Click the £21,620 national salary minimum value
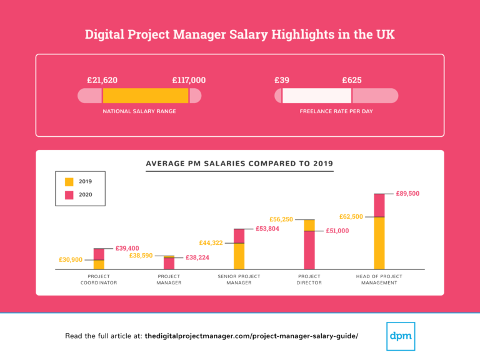(102, 80)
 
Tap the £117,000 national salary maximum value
(189, 80)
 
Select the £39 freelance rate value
(282, 80)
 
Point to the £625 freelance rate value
(351, 80)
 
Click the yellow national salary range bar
(145, 96)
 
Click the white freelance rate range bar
(317, 96)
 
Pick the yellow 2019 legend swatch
(69, 181)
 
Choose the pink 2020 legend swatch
(69, 195)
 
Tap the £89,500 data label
(407, 194)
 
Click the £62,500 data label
(351, 217)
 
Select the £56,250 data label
(281, 219)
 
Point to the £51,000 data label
(337, 231)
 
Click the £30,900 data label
(71, 259)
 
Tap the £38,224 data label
(197, 257)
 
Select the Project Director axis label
(309, 279)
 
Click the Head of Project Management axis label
(379, 279)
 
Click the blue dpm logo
(401, 336)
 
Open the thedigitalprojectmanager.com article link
(251, 336)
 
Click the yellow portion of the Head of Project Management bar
(379, 242)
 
